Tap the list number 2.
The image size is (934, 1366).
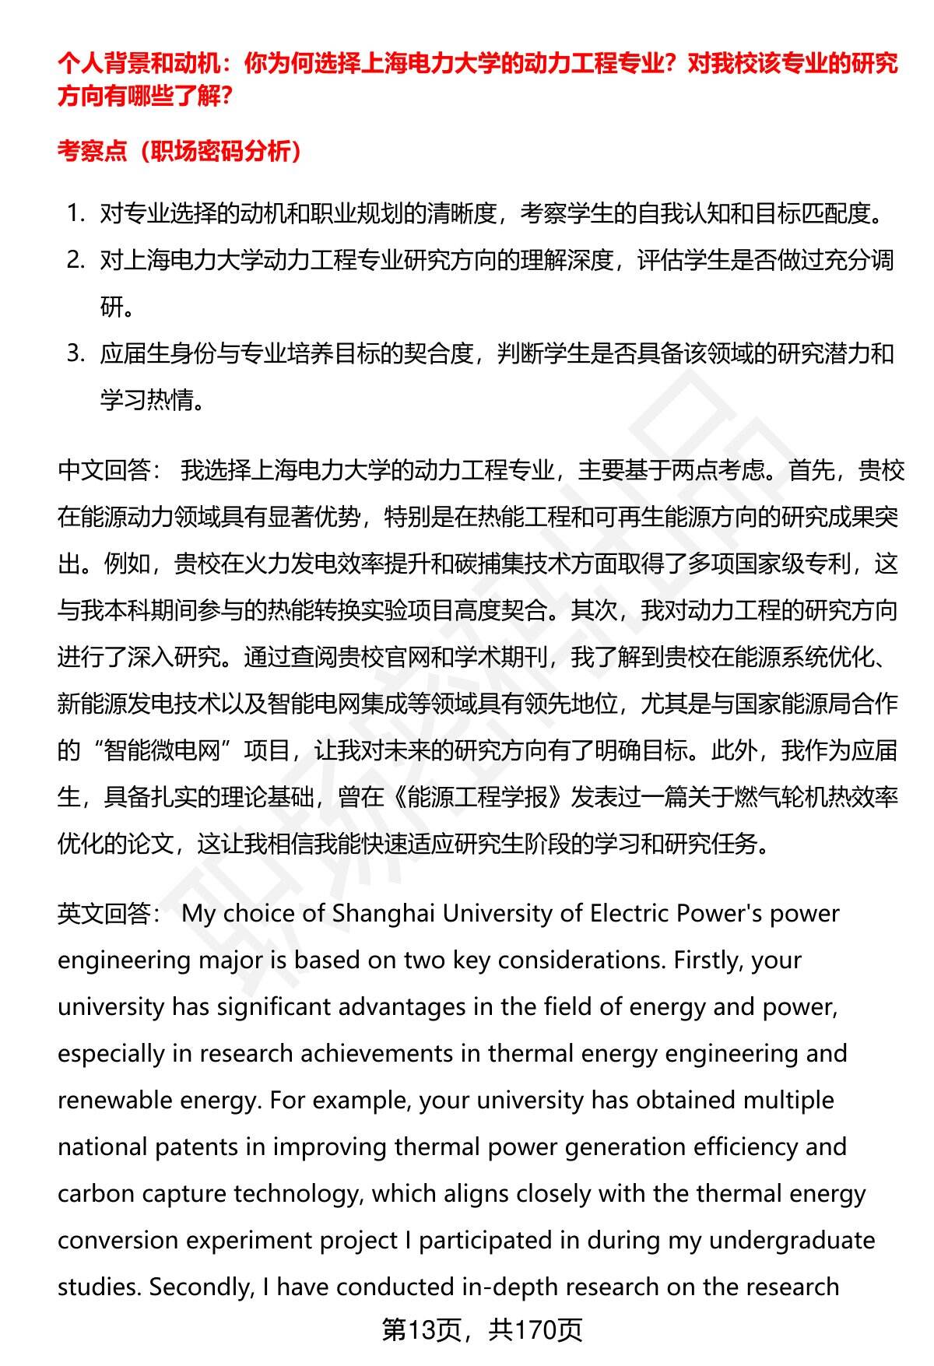click(x=75, y=260)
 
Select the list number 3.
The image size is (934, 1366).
click(x=75, y=353)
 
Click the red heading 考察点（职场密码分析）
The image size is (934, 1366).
click(x=179, y=151)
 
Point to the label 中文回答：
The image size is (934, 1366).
click(x=110, y=470)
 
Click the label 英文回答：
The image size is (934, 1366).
click(x=110, y=913)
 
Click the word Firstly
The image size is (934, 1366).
click(x=701, y=960)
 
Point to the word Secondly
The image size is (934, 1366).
click(x=201, y=1287)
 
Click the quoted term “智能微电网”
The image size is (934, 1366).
click(x=162, y=750)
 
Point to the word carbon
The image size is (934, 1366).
click(x=96, y=1193)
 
